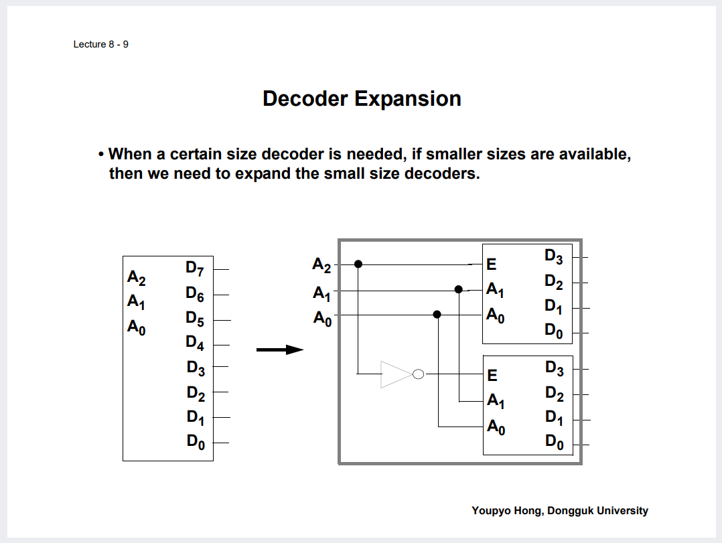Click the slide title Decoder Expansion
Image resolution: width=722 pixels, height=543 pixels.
pos(362,98)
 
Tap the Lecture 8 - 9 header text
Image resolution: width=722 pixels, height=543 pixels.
pos(100,44)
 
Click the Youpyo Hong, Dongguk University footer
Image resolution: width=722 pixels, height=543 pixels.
pos(559,511)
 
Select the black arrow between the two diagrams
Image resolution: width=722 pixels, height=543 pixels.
pos(280,350)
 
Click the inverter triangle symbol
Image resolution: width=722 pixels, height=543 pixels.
pos(395,374)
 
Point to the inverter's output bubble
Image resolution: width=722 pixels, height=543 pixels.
pos(418,374)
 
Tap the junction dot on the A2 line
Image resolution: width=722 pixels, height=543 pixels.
pos(358,264)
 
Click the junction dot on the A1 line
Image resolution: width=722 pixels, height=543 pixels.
pos(459,289)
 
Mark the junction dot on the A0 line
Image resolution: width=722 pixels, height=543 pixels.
pos(437,314)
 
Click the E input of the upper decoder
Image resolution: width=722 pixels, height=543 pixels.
pos(492,265)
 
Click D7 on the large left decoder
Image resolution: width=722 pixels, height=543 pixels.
pos(194,269)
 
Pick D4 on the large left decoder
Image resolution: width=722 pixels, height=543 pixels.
pos(194,343)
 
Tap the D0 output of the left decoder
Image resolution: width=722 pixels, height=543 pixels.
pos(195,442)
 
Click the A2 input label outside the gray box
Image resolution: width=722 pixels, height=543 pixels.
pos(322,265)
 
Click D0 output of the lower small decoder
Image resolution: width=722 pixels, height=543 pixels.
pos(554,442)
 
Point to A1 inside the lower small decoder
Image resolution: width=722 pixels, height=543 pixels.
pos(496,401)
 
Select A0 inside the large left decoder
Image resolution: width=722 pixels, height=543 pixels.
pos(137,327)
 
